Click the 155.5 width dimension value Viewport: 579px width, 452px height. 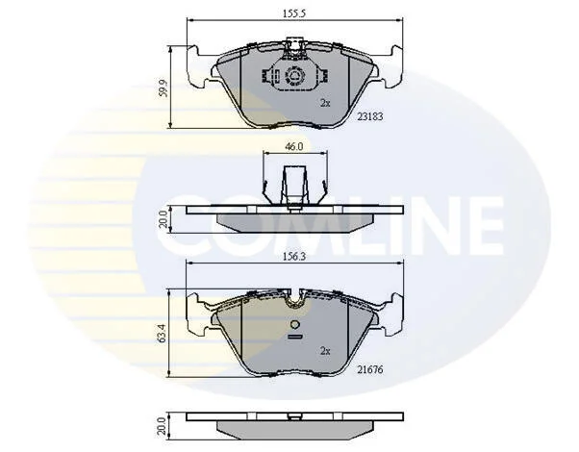pos(294,13)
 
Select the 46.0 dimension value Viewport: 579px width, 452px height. pos(294,146)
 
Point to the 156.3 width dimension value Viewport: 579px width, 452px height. pos(294,257)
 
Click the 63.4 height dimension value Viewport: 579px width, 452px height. pos(164,334)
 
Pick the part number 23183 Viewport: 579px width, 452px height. pos(370,116)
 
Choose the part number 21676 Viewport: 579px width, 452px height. pos(370,369)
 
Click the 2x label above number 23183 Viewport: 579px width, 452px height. pos(325,103)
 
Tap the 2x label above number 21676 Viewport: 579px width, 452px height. pos(325,351)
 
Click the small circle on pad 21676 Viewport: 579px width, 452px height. pos(295,325)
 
